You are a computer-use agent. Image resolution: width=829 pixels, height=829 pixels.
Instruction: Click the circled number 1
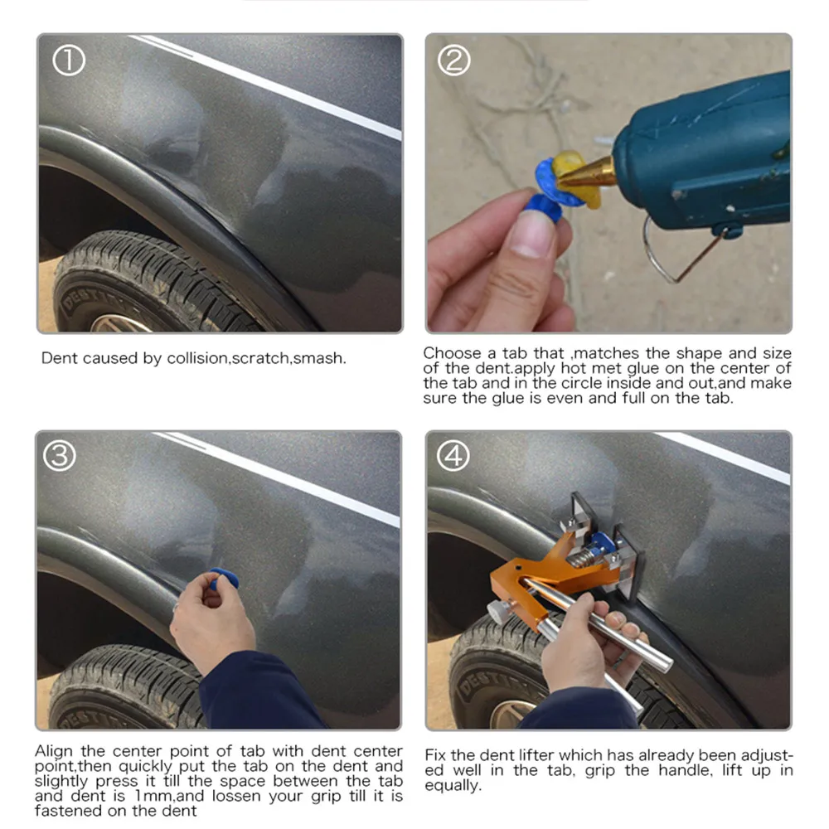click(x=69, y=61)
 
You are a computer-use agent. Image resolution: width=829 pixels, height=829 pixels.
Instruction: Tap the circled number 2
click(x=453, y=61)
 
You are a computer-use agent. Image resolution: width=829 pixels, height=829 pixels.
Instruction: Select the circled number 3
click(x=59, y=456)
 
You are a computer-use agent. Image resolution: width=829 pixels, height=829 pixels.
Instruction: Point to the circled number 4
click(x=453, y=456)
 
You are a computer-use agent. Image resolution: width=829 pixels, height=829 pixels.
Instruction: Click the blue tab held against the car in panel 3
click(x=224, y=579)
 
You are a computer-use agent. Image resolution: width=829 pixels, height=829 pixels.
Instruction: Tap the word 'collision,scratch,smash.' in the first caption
click(x=256, y=358)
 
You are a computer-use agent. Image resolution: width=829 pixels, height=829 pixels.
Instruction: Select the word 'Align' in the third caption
click(x=54, y=752)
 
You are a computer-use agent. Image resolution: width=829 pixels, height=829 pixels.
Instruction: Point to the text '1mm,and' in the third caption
click(x=162, y=796)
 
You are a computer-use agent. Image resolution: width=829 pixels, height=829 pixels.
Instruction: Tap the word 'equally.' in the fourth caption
click(x=453, y=786)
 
